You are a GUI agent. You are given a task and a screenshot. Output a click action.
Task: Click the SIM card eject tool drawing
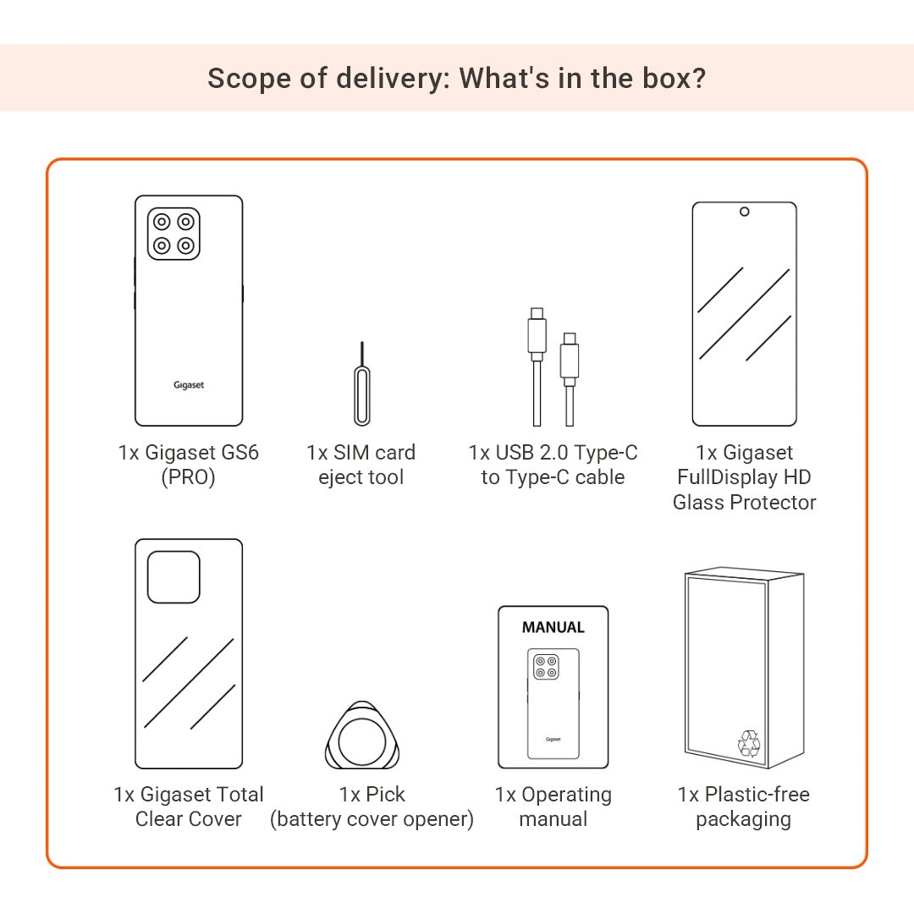[362, 396]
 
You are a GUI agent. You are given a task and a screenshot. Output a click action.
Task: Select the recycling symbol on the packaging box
[749, 744]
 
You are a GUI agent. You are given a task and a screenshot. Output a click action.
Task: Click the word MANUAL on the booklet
[553, 627]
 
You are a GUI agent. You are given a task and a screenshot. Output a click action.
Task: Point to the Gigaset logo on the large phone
[189, 385]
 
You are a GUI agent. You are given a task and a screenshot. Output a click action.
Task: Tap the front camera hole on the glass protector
[745, 212]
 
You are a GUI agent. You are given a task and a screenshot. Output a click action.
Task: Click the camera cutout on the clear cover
[173, 577]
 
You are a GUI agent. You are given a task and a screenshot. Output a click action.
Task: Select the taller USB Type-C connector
[537, 334]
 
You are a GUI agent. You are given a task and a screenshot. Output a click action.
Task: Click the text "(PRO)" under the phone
[188, 477]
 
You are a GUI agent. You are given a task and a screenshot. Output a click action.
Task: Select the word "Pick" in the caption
[385, 794]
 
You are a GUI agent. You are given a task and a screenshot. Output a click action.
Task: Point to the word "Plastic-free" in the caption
[757, 794]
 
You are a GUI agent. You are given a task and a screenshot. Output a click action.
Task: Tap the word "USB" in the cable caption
[515, 452]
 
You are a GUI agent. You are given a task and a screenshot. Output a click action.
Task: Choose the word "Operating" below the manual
[566, 795]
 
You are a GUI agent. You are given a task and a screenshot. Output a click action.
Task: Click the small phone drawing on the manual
[553, 703]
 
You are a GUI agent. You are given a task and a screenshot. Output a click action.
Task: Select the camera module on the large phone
[173, 234]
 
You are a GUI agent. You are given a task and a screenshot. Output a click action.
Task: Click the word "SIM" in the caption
[351, 452]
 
